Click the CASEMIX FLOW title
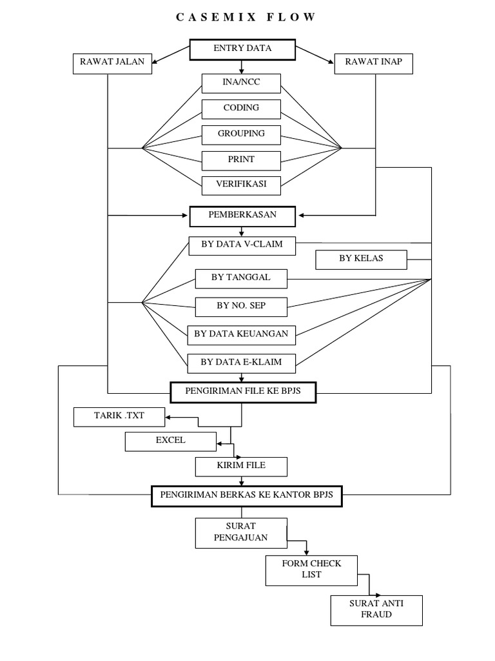(x=246, y=17)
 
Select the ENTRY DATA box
(x=242, y=50)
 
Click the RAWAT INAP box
(x=373, y=63)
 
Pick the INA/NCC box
(x=241, y=83)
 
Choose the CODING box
(x=241, y=108)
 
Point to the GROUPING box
(x=241, y=134)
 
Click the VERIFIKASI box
(x=241, y=185)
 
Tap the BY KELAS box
(x=361, y=259)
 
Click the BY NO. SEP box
(x=241, y=306)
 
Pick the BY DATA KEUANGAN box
(x=241, y=334)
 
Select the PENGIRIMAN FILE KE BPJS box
(x=242, y=391)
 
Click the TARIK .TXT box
(x=119, y=417)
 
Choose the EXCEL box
(x=170, y=441)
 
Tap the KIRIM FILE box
(x=241, y=465)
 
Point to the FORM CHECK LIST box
(x=312, y=569)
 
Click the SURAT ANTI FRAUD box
(x=376, y=610)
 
